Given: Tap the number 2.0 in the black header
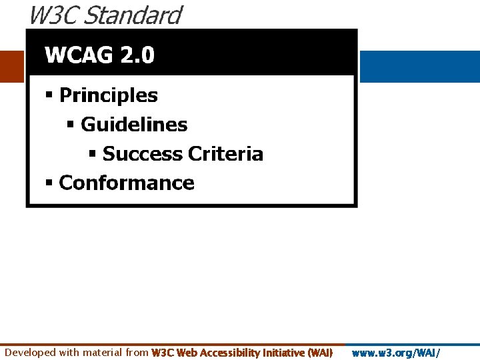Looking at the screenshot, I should (x=137, y=55).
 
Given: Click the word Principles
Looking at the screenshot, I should (x=109, y=95).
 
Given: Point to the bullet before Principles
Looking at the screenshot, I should (x=49, y=95).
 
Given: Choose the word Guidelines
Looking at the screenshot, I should (x=134, y=125).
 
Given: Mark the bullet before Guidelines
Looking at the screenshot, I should (x=71, y=125).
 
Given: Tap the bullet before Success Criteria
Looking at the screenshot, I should (x=93, y=154).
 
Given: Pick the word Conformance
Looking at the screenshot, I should (x=127, y=183).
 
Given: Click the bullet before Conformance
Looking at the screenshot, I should (x=49, y=183).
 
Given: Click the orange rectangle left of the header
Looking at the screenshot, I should (x=12, y=66).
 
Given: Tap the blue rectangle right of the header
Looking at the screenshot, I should (x=419, y=66).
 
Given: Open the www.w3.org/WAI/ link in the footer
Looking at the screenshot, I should (x=395, y=353).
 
